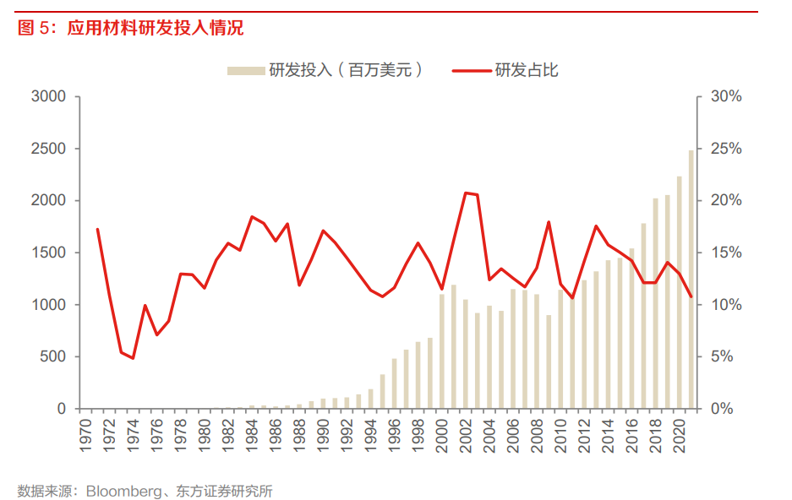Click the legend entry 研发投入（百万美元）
[325, 71]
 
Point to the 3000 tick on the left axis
[48, 96]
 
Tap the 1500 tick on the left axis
[48, 253]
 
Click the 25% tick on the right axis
[726, 149]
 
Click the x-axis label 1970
[86, 434]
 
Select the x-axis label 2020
[679, 434]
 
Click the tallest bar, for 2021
[691, 280]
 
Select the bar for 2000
[442, 351]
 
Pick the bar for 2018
[655, 303]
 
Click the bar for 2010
[560, 349]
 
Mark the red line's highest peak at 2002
[466, 193]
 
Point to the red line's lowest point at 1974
[133, 358]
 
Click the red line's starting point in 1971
[97, 229]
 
